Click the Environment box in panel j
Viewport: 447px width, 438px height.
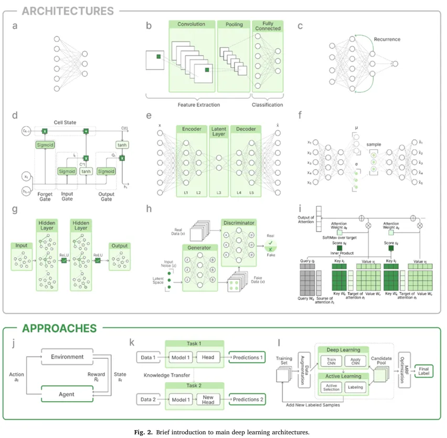pos(67,357)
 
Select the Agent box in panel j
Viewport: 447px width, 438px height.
pos(67,394)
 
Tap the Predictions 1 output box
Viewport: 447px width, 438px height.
pos(247,357)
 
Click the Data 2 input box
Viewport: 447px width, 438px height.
pos(147,400)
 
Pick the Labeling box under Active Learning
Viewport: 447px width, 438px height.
pos(355,387)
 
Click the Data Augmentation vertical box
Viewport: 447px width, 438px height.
pos(304,370)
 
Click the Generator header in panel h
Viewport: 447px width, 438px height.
pos(200,247)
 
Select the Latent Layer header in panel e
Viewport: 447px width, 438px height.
pos(219,131)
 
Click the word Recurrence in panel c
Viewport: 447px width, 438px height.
pos(387,39)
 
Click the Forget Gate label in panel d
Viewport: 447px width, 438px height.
pos(46,196)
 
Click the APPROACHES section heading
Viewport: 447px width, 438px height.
pos(59,328)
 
